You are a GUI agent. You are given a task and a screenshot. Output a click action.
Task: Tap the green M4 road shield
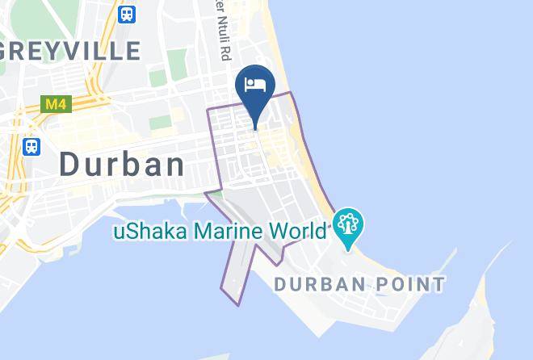(53, 104)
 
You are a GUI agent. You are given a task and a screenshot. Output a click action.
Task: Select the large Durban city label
(122, 165)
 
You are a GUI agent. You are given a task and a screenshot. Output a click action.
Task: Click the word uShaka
(147, 232)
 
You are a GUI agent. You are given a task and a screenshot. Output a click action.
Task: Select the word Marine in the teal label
(222, 232)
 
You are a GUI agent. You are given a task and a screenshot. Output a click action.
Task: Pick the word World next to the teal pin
(295, 232)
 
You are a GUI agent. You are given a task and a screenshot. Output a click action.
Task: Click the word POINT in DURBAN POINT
(412, 284)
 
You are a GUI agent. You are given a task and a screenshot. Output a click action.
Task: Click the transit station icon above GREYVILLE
(126, 14)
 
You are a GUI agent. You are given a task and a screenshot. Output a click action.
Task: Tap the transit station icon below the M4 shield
(31, 146)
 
